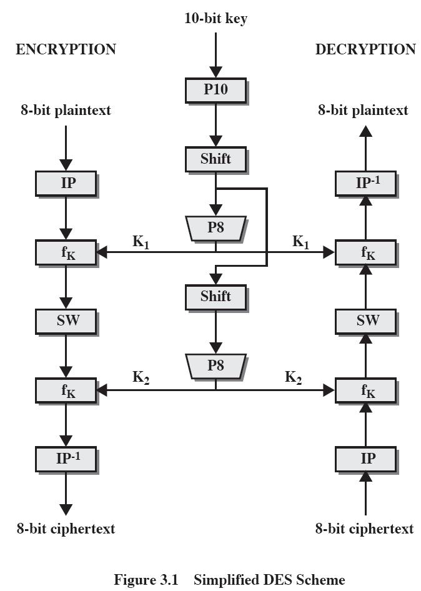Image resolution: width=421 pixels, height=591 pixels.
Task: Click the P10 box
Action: point(215,90)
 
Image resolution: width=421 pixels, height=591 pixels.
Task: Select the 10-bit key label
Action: point(215,18)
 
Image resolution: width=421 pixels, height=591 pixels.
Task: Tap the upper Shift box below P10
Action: point(215,159)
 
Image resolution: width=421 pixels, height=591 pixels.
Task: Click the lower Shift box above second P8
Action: point(215,297)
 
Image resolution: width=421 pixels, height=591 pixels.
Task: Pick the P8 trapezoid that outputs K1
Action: point(216,228)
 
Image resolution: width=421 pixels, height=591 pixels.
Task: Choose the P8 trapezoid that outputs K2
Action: point(216,366)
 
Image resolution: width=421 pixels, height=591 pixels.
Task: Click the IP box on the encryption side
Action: point(66,184)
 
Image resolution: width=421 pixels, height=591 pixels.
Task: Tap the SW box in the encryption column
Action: point(66,321)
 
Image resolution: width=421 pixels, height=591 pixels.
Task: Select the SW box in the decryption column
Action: point(365,321)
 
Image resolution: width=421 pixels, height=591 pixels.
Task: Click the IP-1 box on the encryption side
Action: point(66,459)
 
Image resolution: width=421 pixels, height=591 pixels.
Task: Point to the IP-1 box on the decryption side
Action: point(365,184)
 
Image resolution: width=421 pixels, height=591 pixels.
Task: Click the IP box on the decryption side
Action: point(365,459)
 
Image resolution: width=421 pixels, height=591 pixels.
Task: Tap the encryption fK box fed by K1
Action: point(66,252)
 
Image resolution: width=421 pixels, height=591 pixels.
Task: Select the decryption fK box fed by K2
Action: point(365,390)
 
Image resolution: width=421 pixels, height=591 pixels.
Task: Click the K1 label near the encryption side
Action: point(141,242)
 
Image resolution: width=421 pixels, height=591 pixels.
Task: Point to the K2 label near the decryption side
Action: point(293,377)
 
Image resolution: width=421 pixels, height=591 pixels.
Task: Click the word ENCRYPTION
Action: point(66,49)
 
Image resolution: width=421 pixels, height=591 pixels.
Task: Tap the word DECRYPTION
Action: point(365,49)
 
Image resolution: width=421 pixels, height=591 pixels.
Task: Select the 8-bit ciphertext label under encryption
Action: point(66,529)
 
